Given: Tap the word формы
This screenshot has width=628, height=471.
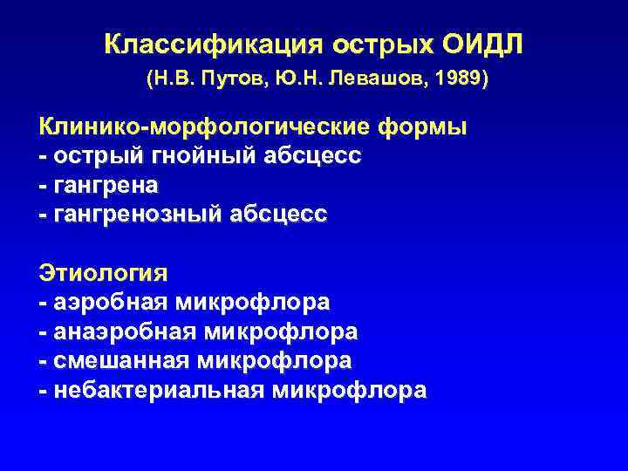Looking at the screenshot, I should click(423, 127).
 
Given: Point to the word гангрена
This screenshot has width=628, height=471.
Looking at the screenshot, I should click(106, 186).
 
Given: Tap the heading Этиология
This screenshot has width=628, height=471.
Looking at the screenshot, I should click(103, 274).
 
